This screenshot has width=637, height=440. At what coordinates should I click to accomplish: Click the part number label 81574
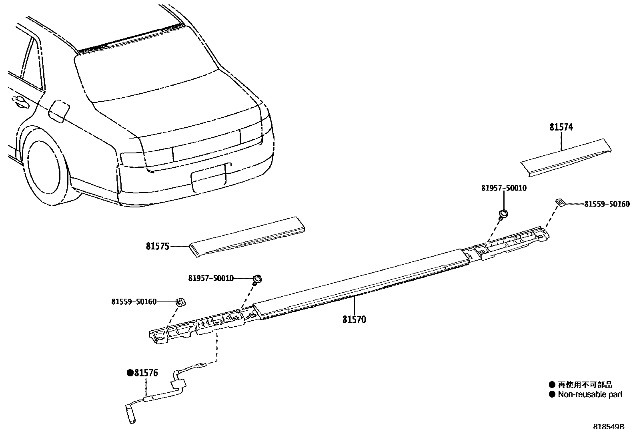(x=561, y=127)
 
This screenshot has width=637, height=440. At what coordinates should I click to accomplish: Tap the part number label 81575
(x=158, y=246)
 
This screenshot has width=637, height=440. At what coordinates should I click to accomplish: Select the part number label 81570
(x=354, y=319)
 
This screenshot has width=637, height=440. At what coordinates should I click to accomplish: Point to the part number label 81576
(x=146, y=373)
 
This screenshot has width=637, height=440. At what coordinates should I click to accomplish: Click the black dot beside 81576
(x=130, y=373)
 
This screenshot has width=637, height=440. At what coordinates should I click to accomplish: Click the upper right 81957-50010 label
(x=504, y=188)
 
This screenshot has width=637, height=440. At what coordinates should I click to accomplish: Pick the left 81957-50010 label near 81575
(x=211, y=278)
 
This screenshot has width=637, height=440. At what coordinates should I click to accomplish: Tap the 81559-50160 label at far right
(x=607, y=204)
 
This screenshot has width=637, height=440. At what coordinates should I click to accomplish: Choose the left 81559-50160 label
(x=134, y=302)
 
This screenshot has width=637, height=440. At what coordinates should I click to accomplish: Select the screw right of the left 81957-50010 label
(x=257, y=279)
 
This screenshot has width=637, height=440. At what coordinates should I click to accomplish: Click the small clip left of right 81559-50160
(x=560, y=203)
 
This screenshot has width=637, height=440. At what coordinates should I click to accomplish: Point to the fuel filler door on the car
(x=59, y=111)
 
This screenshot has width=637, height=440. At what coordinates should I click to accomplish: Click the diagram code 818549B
(x=609, y=427)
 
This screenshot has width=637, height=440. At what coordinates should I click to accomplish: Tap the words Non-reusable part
(x=590, y=394)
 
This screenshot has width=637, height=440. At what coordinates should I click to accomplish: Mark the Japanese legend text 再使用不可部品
(x=585, y=385)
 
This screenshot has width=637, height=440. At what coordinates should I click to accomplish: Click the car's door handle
(x=20, y=102)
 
